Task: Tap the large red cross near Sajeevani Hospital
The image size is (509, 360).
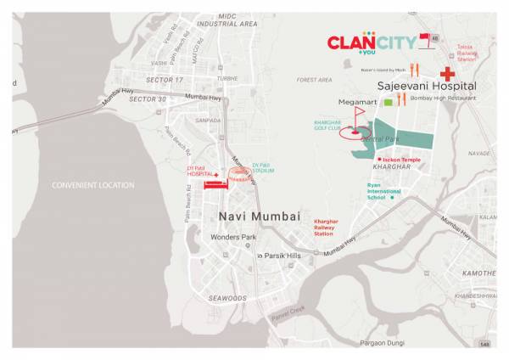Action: click(x=446, y=74)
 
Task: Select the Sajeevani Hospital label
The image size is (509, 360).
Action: click(x=427, y=87)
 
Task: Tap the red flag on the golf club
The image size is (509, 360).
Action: click(x=359, y=111)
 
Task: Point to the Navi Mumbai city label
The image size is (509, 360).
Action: click(x=260, y=217)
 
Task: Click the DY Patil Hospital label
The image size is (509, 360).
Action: click(x=201, y=171)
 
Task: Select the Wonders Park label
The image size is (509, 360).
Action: click(x=233, y=237)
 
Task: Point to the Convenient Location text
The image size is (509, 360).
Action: click(x=93, y=185)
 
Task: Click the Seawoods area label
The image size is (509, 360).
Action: click(x=227, y=298)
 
